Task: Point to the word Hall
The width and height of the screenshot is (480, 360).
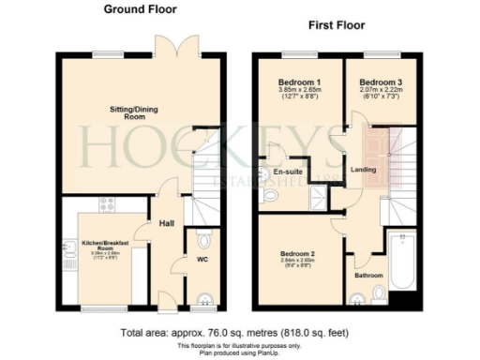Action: coord(167,223)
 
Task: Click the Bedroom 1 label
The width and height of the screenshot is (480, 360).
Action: coord(295,82)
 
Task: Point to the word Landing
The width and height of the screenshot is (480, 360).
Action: coord(362,170)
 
